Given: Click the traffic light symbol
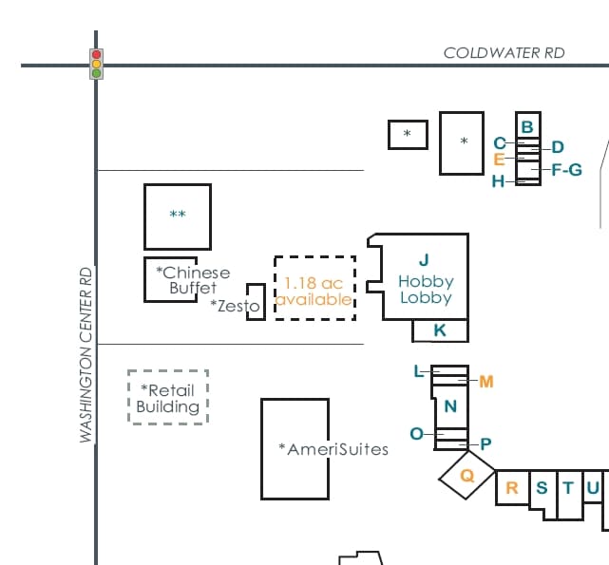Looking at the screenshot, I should [x=96, y=64].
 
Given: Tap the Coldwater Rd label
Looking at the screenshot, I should [x=504, y=53].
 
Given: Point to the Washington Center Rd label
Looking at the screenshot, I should [x=86, y=354].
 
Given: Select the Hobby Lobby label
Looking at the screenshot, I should [x=426, y=289].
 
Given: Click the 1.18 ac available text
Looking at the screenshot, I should [x=314, y=291].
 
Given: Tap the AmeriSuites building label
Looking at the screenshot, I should [x=333, y=448].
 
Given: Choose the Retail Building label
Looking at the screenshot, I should [x=168, y=398].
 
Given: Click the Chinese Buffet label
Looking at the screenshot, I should [x=192, y=279].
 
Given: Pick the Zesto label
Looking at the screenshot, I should [x=235, y=306].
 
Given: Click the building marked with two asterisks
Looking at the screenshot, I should [x=178, y=216].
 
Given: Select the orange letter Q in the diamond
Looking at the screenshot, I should [x=466, y=476].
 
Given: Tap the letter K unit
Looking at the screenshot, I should [x=440, y=330].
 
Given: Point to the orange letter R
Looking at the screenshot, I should [x=511, y=488].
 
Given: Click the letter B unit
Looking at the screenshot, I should [x=527, y=126].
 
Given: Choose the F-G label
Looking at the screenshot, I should [x=566, y=170].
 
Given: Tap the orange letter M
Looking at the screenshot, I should [x=486, y=382].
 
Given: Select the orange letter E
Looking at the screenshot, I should [x=499, y=160].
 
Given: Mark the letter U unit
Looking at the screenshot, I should [x=592, y=488].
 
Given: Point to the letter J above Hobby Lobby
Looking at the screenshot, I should [x=424, y=259].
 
